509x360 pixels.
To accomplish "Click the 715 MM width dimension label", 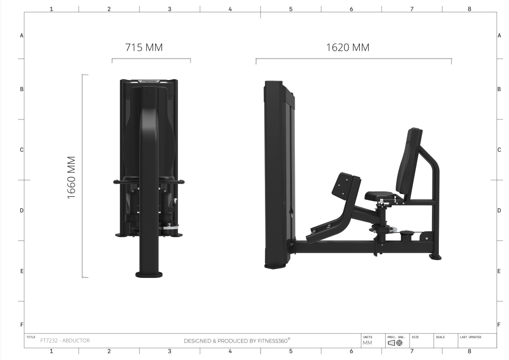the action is [x=144, y=47].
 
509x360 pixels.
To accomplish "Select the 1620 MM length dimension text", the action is [x=347, y=47].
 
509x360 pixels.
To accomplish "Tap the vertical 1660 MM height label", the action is [x=71, y=178].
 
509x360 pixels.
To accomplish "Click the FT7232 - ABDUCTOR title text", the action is [x=65, y=341].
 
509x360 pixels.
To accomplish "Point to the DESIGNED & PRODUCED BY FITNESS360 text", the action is [x=237, y=341].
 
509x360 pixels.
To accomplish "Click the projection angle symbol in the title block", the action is [x=395, y=343].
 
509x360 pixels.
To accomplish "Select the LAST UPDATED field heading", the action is [x=470, y=337].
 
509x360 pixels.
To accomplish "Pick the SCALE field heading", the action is [x=440, y=337].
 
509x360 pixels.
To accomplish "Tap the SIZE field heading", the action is [x=415, y=337].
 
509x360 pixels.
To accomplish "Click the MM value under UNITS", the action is [x=367, y=343].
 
